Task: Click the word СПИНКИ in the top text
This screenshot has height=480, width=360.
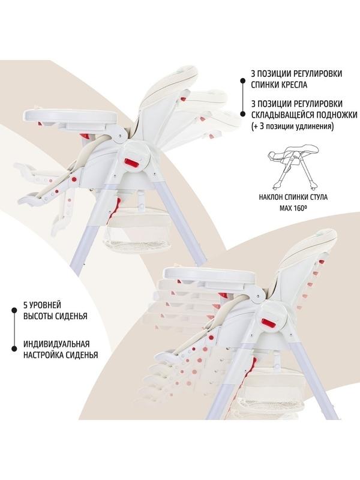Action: click(264, 85)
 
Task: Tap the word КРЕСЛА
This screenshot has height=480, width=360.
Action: click(293, 85)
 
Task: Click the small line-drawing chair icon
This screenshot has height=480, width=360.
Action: click(293, 167)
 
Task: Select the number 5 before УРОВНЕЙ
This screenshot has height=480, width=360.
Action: click(25, 305)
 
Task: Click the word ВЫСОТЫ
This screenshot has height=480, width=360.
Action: click(38, 316)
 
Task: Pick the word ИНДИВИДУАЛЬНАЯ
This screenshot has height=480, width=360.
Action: click(56, 344)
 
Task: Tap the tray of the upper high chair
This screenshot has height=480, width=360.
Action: click(70, 115)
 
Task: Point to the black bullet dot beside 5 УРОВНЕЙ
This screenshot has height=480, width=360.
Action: click(14, 310)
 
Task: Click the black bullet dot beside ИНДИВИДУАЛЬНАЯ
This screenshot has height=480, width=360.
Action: click(14, 349)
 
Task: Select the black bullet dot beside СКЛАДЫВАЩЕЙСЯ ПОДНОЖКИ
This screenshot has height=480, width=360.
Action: click(242, 114)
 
